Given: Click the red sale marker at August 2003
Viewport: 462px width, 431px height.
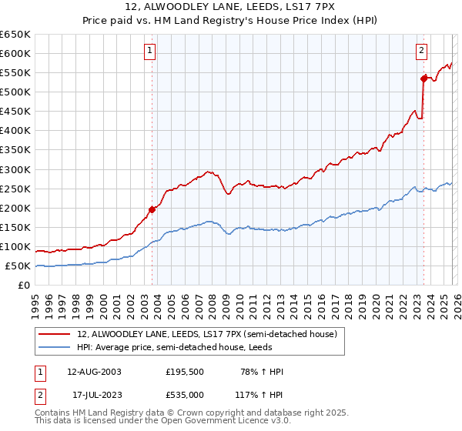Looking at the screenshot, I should tap(152, 209).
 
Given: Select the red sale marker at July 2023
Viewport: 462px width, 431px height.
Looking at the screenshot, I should tap(423, 78).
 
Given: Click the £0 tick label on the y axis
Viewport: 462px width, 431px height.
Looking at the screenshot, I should tap(23, 286).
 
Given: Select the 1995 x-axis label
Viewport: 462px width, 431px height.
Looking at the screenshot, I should tap(35, 301).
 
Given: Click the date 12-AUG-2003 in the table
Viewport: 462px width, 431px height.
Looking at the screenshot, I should tap(94, 372).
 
